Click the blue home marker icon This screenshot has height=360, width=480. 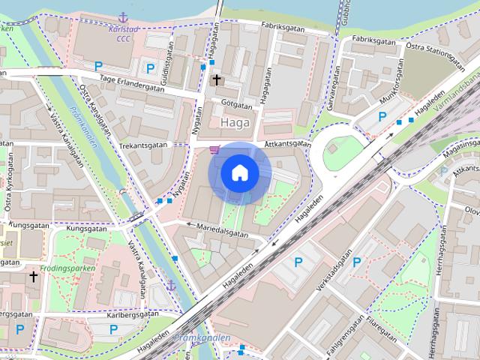(238, 172)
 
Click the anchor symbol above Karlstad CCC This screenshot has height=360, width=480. (123, 16)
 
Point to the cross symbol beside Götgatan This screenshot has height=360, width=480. (217, 79)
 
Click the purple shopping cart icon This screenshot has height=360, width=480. (215, 149)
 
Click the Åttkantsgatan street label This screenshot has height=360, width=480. (287, 143)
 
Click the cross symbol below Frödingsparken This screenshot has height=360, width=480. (33, 277)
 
